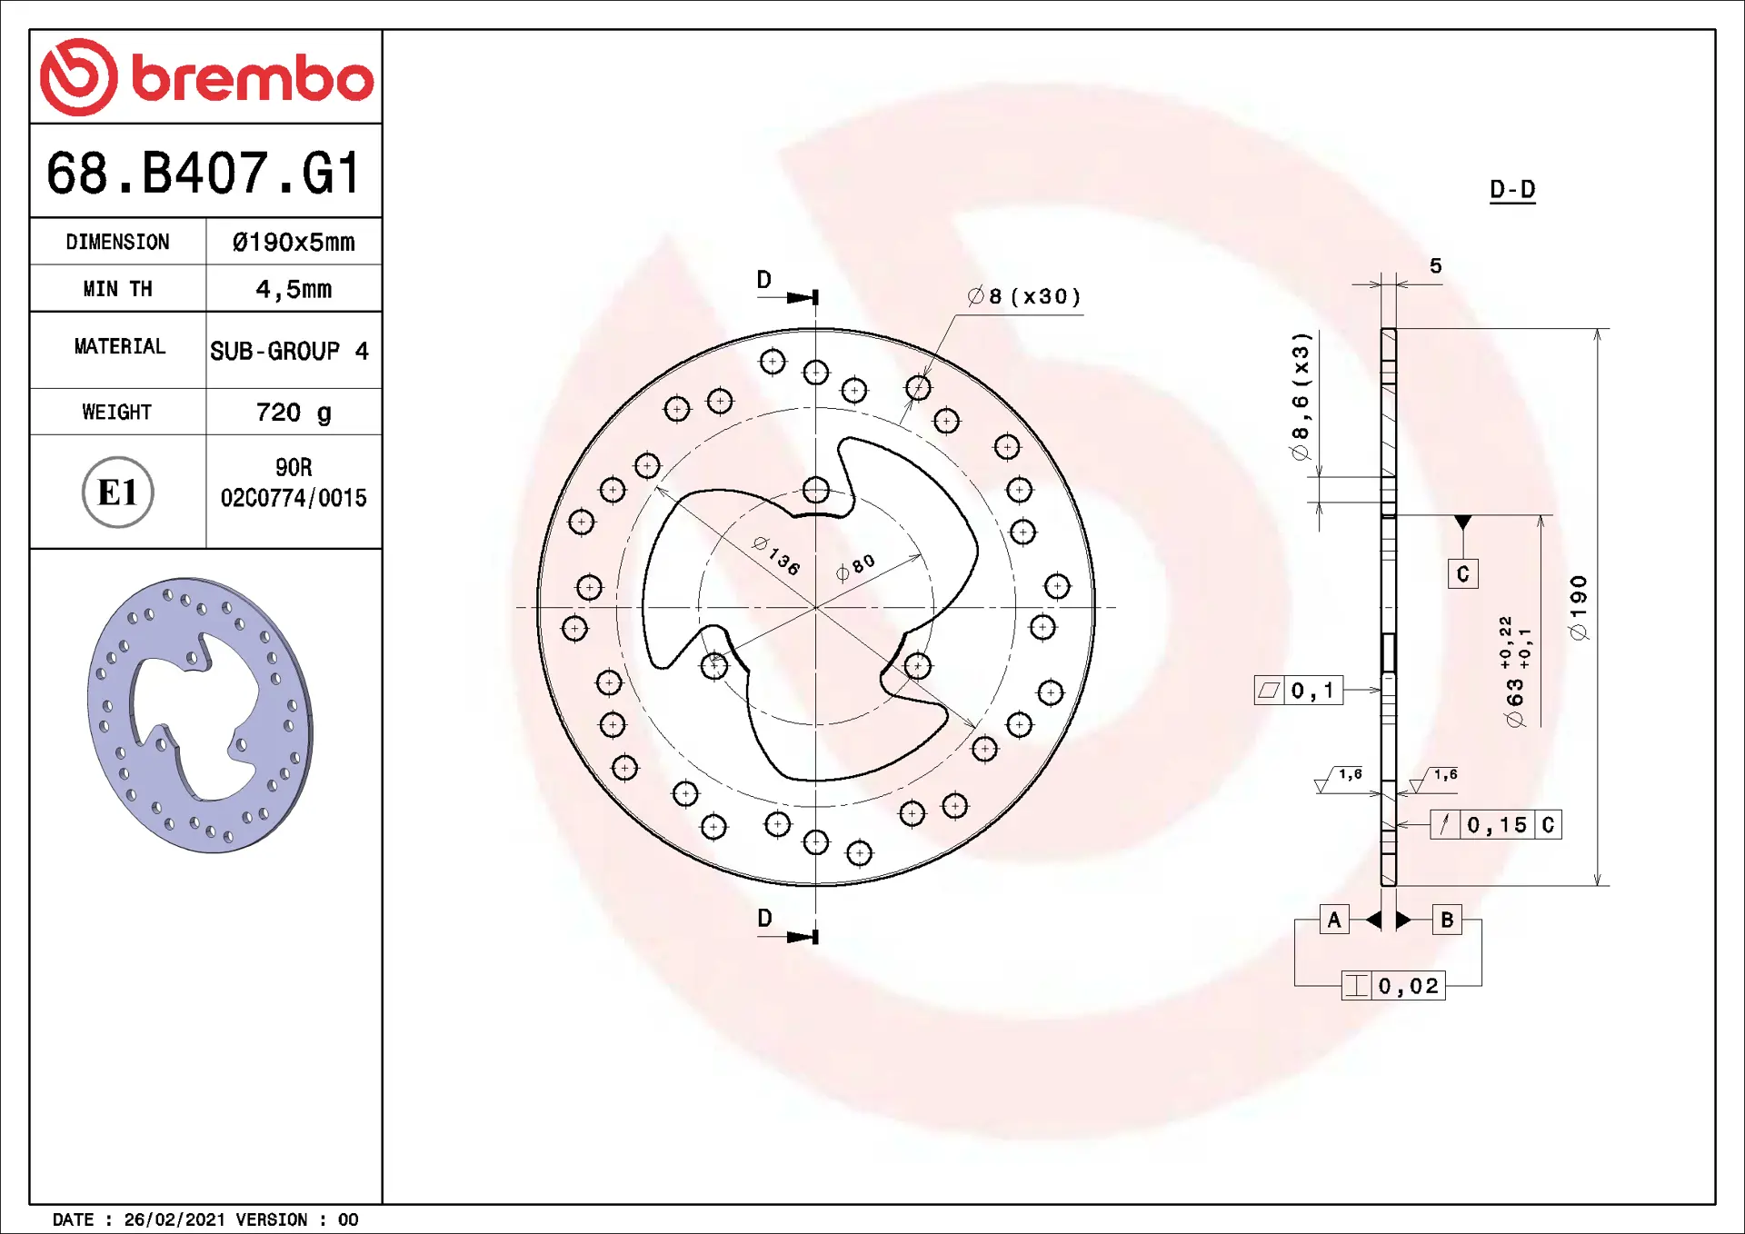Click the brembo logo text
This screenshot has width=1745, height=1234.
pos(253,78)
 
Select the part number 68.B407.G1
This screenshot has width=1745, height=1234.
pos(204,173)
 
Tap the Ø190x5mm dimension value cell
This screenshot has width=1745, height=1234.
pos(294,242)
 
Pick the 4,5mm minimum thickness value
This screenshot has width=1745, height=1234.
pos(294,289)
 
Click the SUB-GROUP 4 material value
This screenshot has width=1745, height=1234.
pos(289,351)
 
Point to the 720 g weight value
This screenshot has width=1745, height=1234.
pos(294,413)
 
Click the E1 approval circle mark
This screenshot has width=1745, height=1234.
pos(118,493)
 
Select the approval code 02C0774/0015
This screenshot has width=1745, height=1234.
pos(294,498)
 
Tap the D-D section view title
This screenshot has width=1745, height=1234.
pos(1512,189)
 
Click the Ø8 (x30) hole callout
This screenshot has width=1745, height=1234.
pos(1024,296)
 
